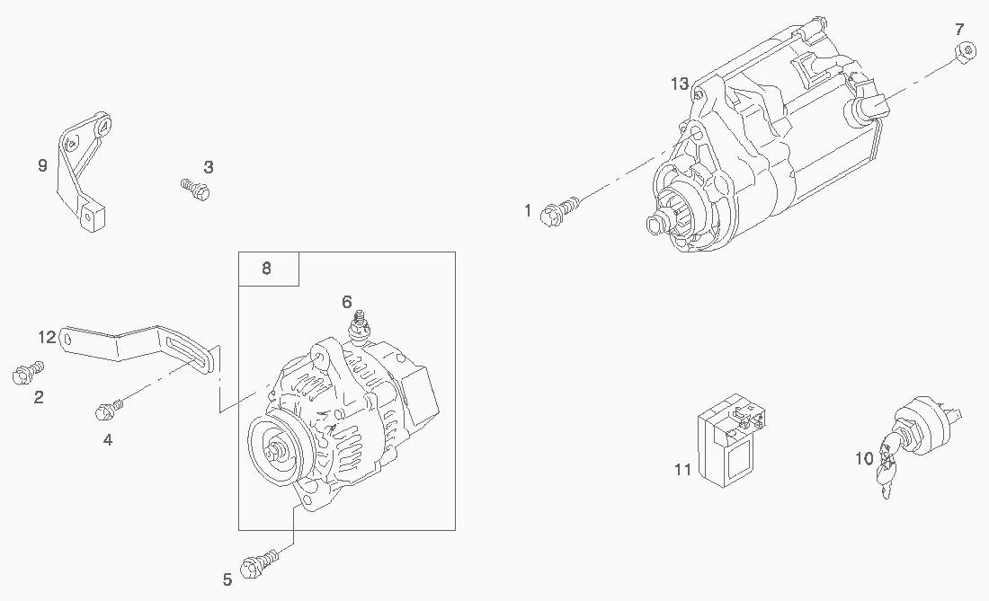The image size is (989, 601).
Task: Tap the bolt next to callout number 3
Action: click(197, 189)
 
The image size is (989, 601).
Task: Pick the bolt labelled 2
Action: click(26, 372)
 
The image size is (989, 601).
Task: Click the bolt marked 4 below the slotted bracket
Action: click(106, 411)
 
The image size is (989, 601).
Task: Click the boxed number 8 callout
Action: click(267, 269)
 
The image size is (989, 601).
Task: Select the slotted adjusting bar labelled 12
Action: click(135, 348)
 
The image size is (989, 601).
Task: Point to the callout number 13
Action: click(680, 84)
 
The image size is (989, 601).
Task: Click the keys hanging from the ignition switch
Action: click(887, 472)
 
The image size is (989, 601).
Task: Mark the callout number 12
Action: click(47, 337)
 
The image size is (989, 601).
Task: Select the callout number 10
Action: click(863, 458)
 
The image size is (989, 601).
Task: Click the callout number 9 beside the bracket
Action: click(41, 165)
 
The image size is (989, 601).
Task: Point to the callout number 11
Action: click(682, 469)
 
